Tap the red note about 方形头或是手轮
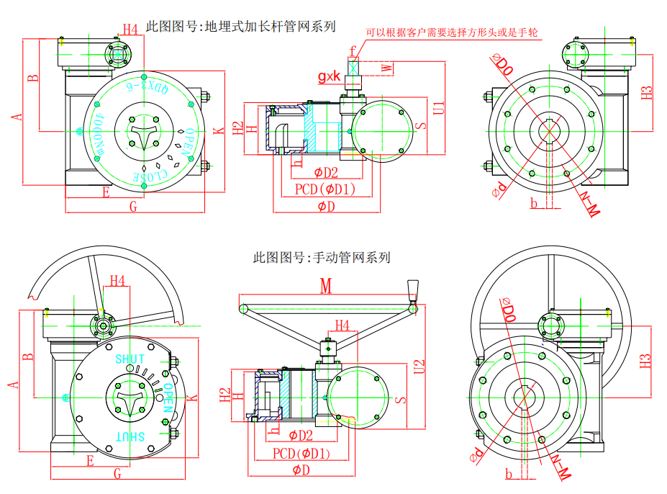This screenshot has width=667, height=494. [x=452, y=32]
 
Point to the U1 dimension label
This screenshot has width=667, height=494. [x=438, y=108]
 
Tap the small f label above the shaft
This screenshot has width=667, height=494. [x=353, y=50]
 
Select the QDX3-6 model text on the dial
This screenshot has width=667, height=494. [x=148, y=89]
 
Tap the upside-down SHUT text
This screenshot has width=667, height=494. [x=131, y=436]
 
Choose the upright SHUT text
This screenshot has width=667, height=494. [x=130, y=358]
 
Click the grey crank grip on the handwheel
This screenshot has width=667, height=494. [x=413, y=290]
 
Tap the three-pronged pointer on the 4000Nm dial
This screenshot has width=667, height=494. [x=142, y=132]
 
